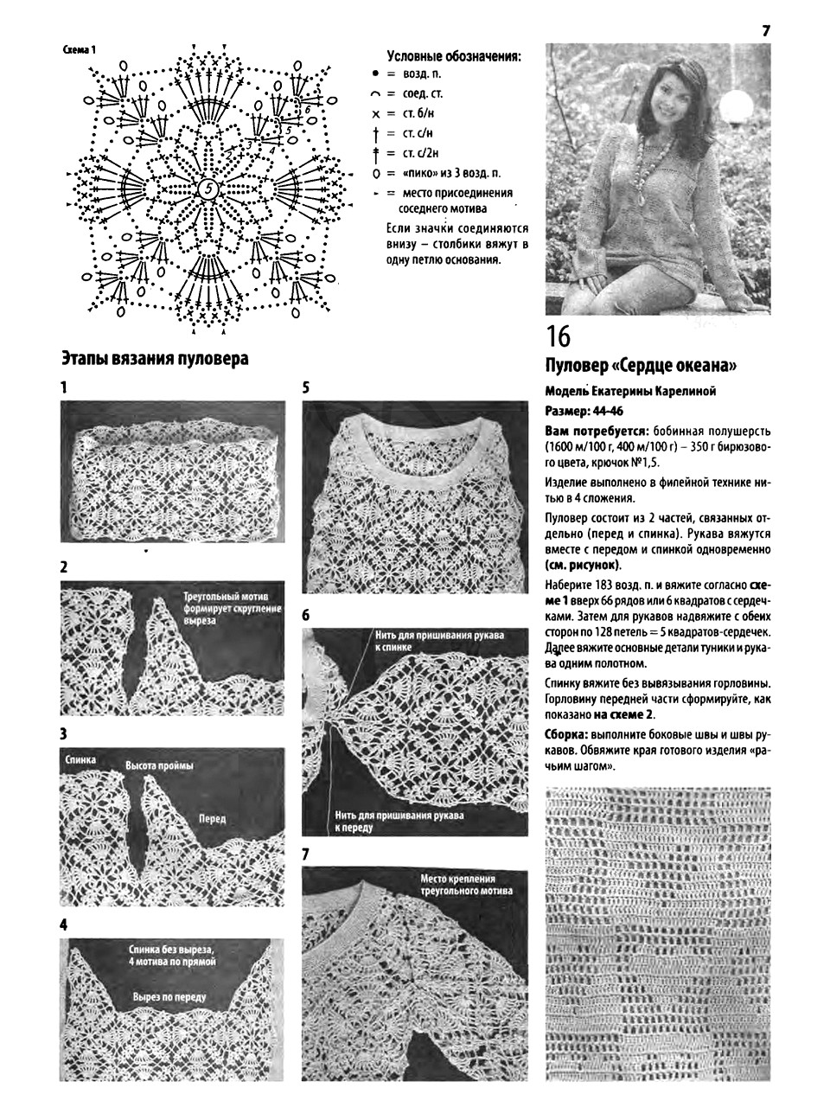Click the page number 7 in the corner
click(x=766, y=30)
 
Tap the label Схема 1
click(x=80, y=49)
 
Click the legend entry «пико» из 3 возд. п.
click(x=450, y=173)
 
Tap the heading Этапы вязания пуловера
click(x=155, y=358)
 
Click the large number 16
click(x=559, y=336)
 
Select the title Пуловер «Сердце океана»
click(x=641, y=363)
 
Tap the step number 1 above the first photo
click(x=64, y=387)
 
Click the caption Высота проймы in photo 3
click(x=159, y=766)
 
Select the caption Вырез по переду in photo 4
click(x=169, y=996)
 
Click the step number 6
click(x=306, y=616)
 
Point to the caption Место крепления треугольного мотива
click(x=465, y=884)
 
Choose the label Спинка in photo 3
click(x=80, y=759)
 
